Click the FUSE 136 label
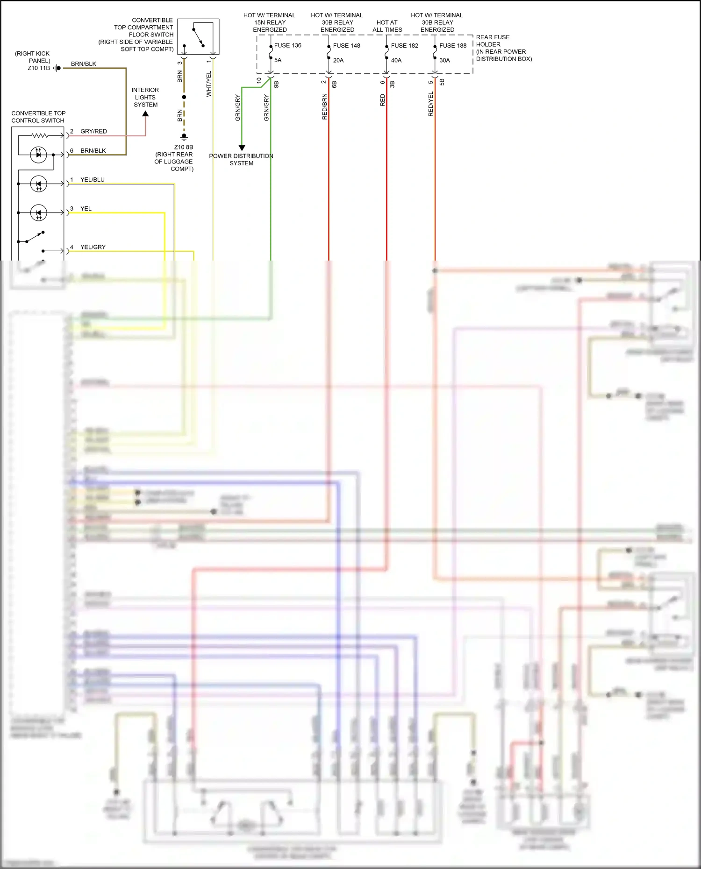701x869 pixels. (287, 45)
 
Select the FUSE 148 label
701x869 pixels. (346, 45)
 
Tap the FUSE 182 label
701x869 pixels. (404, 45)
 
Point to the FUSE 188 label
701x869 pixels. (452, 45)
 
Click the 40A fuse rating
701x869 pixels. (396, 60)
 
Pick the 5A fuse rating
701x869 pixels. (278, 60)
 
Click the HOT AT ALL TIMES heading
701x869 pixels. (387, 26)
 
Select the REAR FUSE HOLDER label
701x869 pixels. (493, 41)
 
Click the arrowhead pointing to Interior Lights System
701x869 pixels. (145, 114)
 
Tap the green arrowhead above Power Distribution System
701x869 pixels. (242, 148)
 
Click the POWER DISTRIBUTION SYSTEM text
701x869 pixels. (241, 160)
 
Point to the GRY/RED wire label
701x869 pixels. (93, 131)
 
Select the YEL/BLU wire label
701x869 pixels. (92, 179)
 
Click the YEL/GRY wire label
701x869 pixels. (93, 247)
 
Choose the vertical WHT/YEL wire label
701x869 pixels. (209, 84)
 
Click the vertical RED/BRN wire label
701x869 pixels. (324, 106)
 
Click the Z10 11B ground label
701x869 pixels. (38, 68)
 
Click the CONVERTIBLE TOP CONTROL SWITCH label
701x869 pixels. (38, 117)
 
